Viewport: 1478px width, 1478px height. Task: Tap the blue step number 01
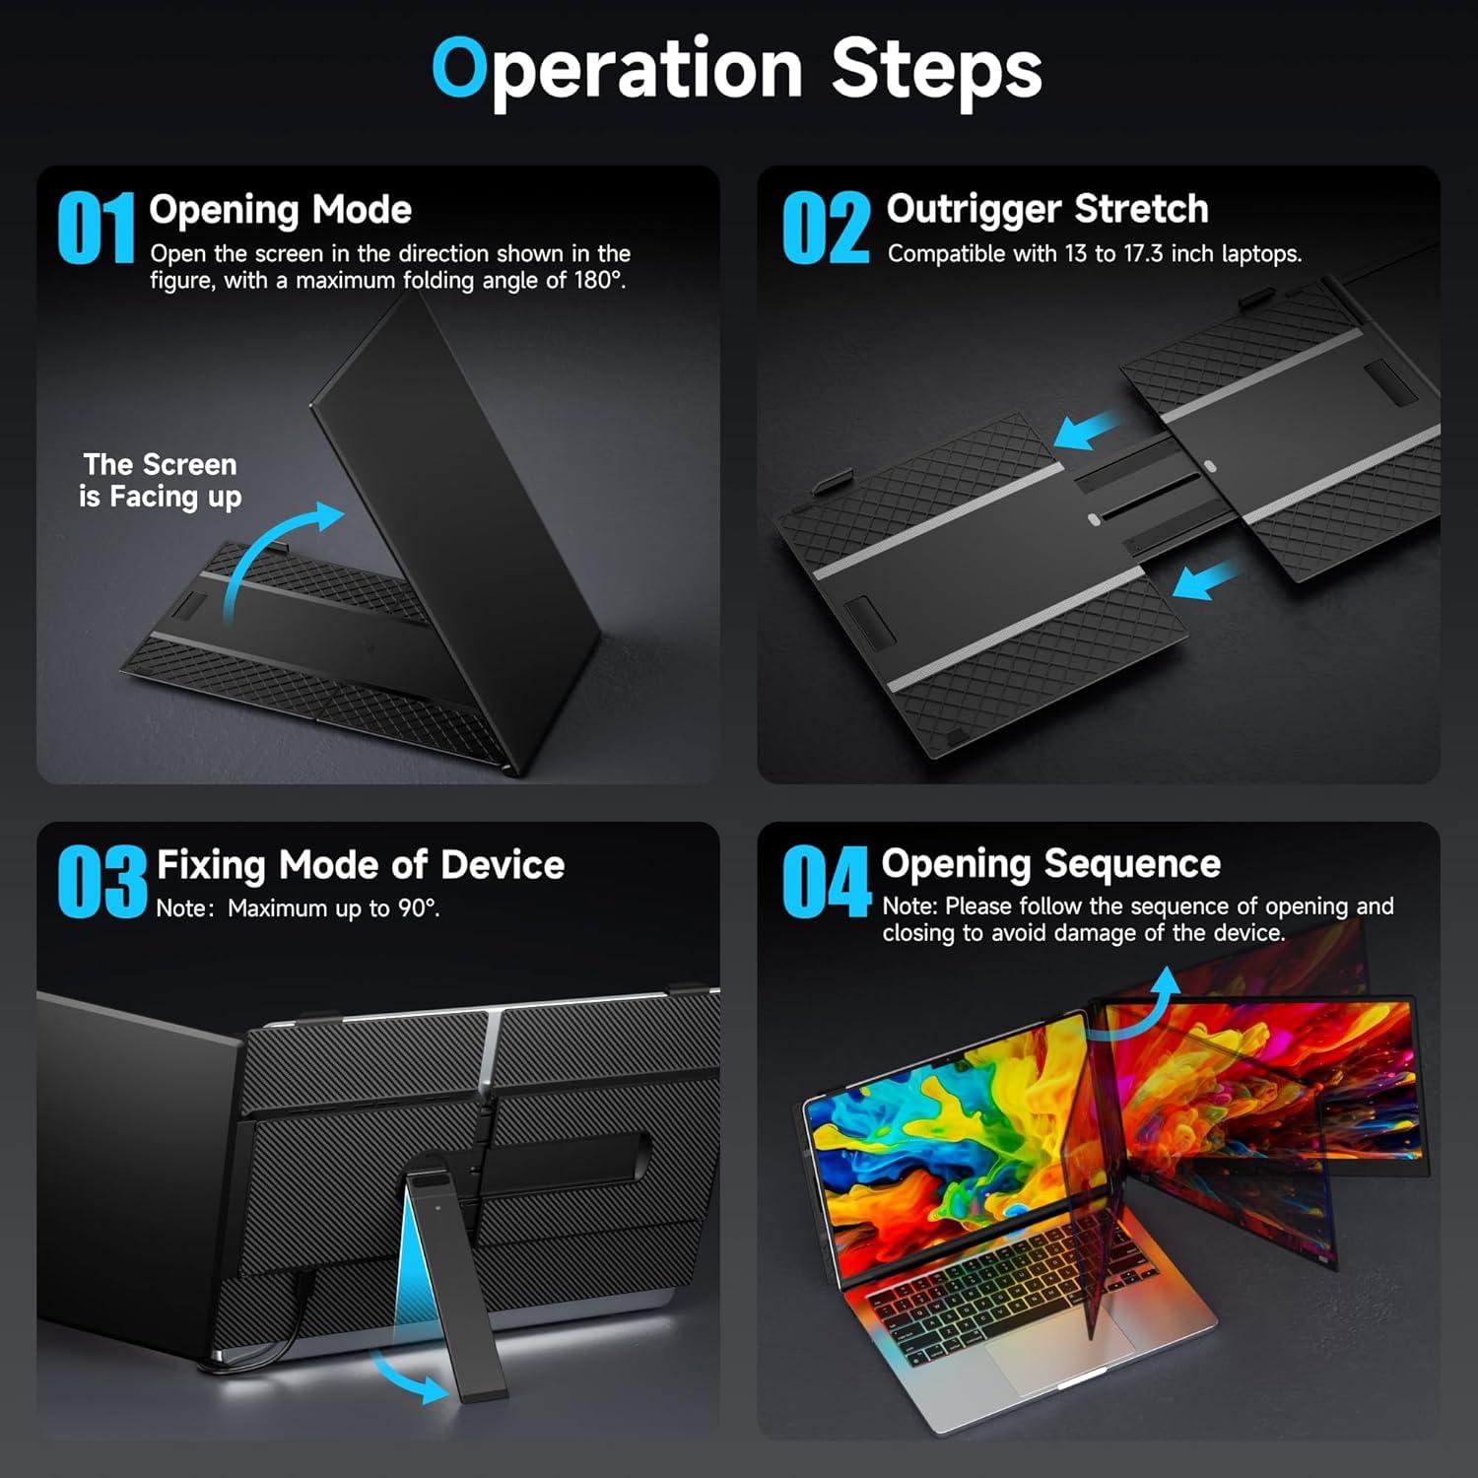click(96, 229)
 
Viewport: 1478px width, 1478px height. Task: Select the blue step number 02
click(826, 229)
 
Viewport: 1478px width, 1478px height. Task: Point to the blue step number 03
click(101, 883)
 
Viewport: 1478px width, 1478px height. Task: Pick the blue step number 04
click(826, 883)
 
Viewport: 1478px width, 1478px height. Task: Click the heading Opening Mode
click(280, 210)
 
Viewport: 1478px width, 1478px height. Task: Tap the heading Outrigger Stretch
click(1046, 209)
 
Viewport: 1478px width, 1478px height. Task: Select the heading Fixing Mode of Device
click(361, 865)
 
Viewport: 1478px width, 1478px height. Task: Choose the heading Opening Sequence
click(1050, 863)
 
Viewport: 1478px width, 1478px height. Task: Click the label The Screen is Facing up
click(160, 480)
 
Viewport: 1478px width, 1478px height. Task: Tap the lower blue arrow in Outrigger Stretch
click(1207, 579)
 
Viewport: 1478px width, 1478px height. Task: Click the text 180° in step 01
click(598, 281)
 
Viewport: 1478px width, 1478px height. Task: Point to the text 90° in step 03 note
click(418, 908)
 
